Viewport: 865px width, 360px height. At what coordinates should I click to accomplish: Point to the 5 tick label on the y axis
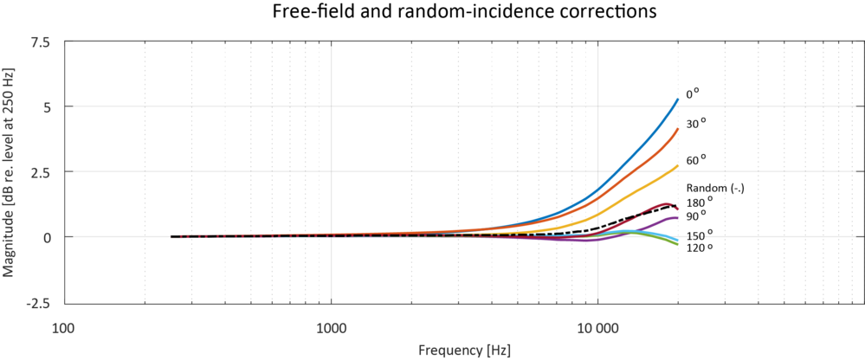click(46, 107)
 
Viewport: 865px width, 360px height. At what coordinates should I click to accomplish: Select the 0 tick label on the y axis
click(46, 237)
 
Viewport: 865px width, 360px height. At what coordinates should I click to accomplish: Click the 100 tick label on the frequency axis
click(63, 328)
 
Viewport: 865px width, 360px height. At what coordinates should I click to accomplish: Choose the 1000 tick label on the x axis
click(332, 328)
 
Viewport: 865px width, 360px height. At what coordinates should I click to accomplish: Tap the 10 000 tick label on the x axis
click(598, 328)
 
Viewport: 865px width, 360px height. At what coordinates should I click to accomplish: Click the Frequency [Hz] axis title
click(464, 350)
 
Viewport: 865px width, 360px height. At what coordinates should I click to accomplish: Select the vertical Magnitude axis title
click(10, 173)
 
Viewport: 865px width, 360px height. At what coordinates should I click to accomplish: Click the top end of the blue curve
click(678, 100)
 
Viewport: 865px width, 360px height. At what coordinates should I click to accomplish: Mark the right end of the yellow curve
click(678, 165)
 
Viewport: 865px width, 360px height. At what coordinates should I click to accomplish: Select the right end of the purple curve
click(678, 217)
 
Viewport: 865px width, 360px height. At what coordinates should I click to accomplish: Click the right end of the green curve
click(678, 244)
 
